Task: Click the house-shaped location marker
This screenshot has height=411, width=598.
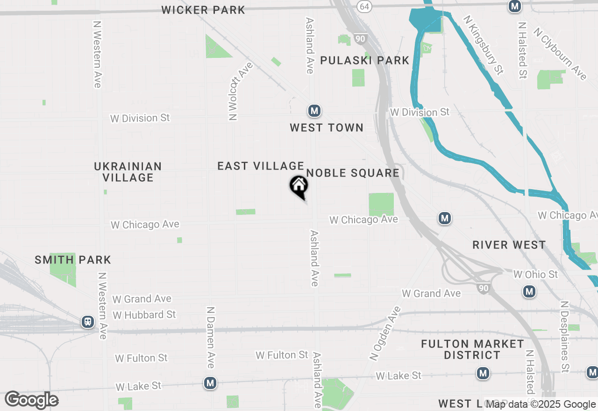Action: (x=299, y=186)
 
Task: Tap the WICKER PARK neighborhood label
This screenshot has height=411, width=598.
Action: (x=203, y=10)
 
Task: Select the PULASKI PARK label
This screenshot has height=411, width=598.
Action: (x=365, y=60)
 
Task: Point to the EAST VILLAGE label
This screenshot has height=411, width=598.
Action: (x=261, y=166)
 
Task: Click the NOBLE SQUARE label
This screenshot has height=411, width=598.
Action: (x=353, y=173)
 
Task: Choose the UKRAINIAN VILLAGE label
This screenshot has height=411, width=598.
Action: (x=128, y=172)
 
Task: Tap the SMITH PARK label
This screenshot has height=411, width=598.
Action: (x=73, y=260)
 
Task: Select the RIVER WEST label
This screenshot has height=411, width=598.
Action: (x=509, y=245)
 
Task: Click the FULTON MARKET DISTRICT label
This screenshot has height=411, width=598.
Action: (x=472, y=349)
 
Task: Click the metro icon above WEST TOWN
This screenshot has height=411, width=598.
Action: (x=314, y=111)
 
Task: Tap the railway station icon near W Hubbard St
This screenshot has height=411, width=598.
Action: (x=87, y=321)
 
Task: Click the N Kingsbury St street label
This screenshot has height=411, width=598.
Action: (x=483, y=45)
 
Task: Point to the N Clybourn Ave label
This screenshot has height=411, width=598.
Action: (x=560, y=54)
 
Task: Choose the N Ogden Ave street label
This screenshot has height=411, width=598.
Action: (x=385, y=333)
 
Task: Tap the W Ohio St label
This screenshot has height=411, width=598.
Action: (x=535, y=274)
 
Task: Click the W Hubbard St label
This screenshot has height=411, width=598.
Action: (x=144, y=315)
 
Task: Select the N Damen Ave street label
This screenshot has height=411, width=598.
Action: (x=211, y=337)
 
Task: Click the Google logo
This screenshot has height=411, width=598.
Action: (x=31, y=400)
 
